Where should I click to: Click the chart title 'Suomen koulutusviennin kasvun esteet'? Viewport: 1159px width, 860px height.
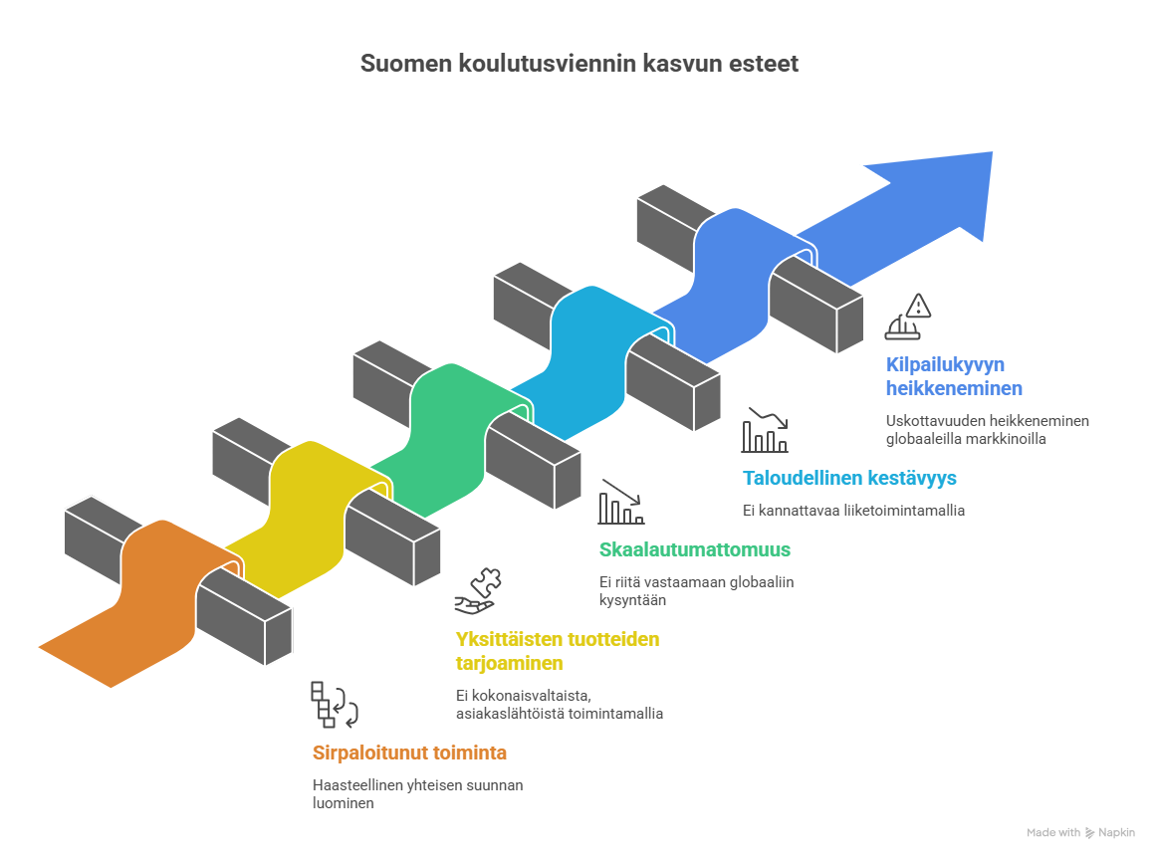point(579,65)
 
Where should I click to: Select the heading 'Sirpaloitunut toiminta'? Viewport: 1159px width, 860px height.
point(410,752)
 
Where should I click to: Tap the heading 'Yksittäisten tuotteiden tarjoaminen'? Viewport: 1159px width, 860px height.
point(557,651)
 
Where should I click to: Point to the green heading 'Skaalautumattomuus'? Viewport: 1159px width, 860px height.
point(694,549)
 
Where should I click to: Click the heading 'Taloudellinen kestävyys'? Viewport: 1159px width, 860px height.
point(849,478)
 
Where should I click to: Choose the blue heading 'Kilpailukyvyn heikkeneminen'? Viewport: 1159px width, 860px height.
point(954,377)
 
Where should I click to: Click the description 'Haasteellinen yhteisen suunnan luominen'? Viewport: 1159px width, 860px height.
point(417,793)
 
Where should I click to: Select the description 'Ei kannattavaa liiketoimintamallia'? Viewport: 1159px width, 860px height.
point(853,511)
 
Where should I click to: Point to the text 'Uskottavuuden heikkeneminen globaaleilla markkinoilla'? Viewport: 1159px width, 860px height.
point(987,429)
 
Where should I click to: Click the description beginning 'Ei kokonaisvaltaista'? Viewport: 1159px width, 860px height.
point(559,704)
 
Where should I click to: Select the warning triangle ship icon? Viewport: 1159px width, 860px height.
point(909,318)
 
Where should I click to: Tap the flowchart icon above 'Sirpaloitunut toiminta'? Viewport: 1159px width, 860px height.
point(333,705)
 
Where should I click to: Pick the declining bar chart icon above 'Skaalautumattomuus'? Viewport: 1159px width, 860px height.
point(621,503)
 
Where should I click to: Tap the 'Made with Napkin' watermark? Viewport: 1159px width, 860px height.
point(1079,832)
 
